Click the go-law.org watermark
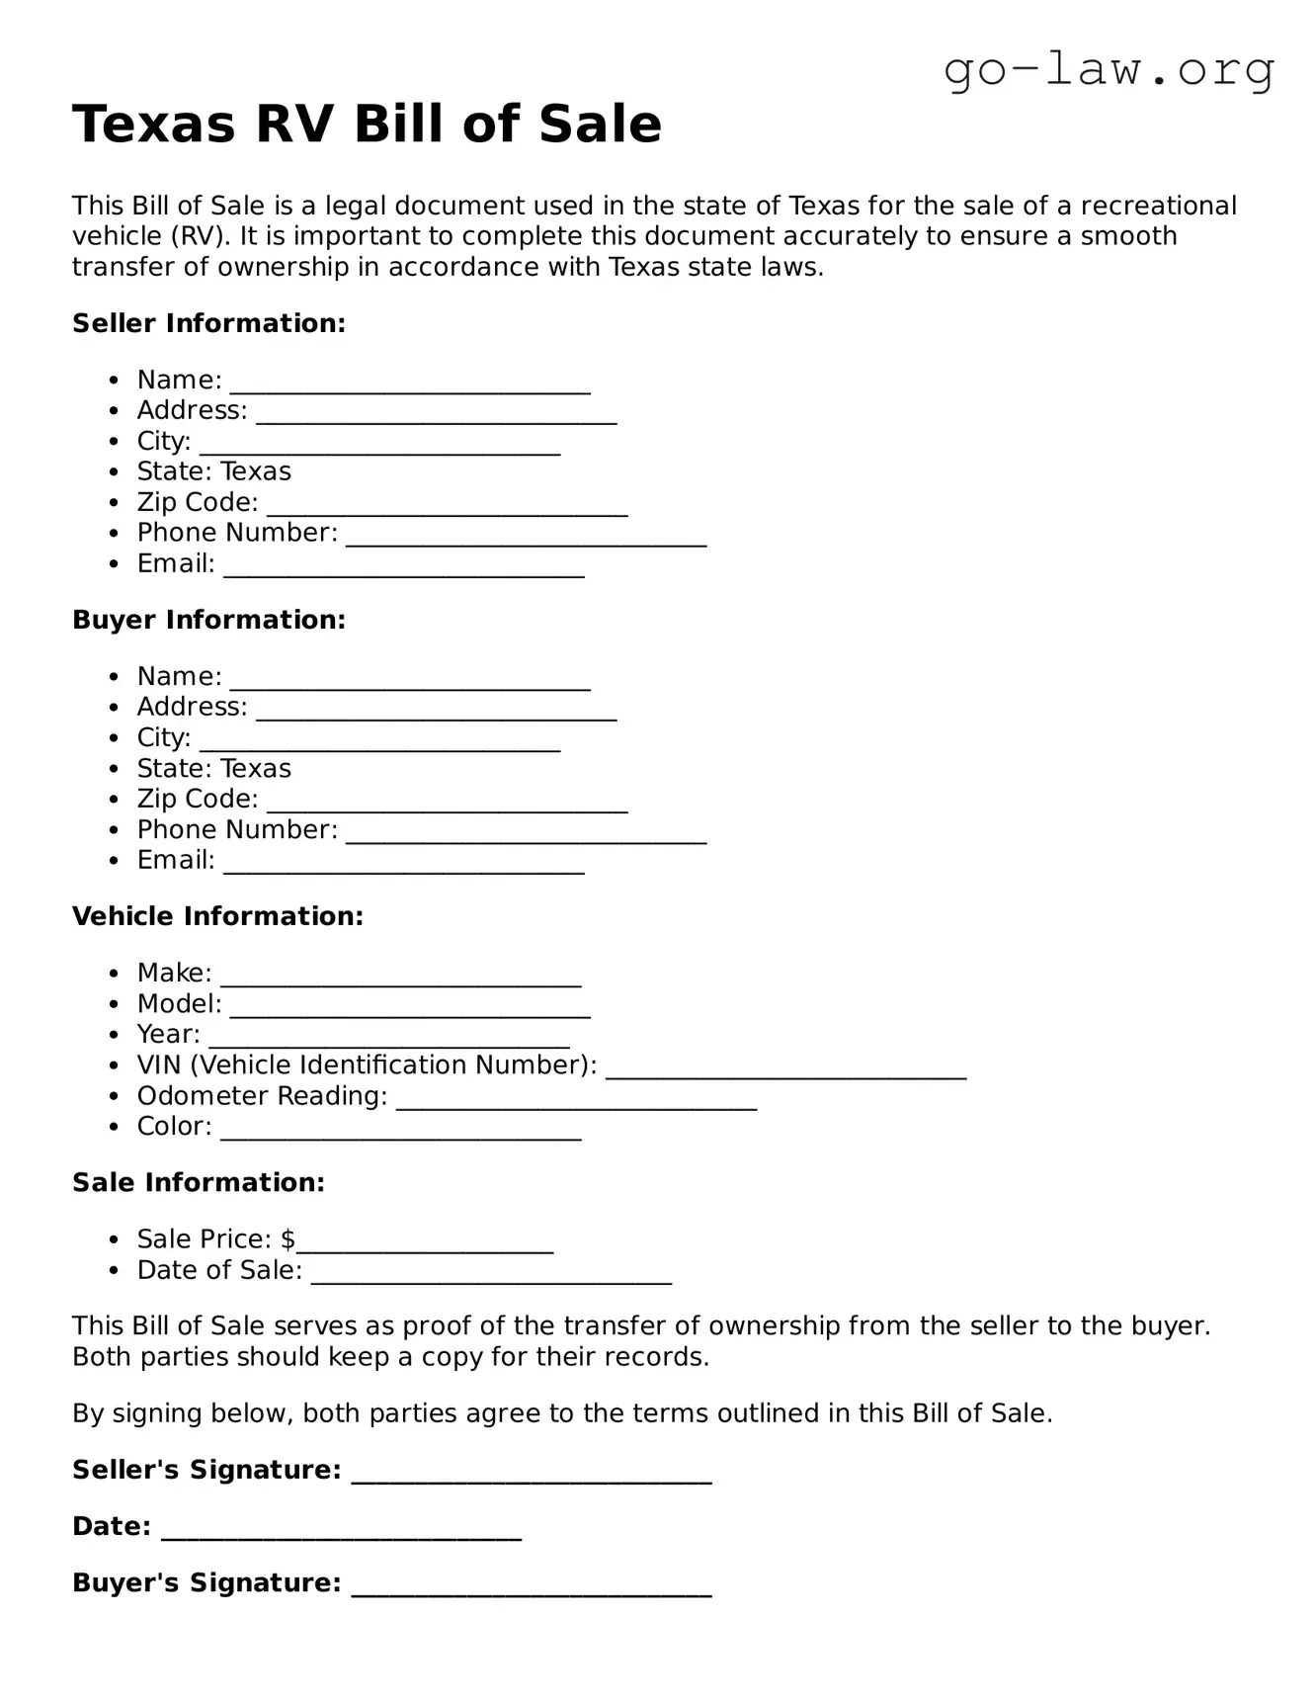1109,71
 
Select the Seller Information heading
208,323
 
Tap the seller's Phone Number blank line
526,538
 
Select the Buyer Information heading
208,620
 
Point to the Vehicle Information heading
217,916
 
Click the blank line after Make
400,979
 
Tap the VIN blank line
785,1070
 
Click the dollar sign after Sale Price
288,1239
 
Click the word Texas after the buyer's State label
256,768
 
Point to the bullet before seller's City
116,442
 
